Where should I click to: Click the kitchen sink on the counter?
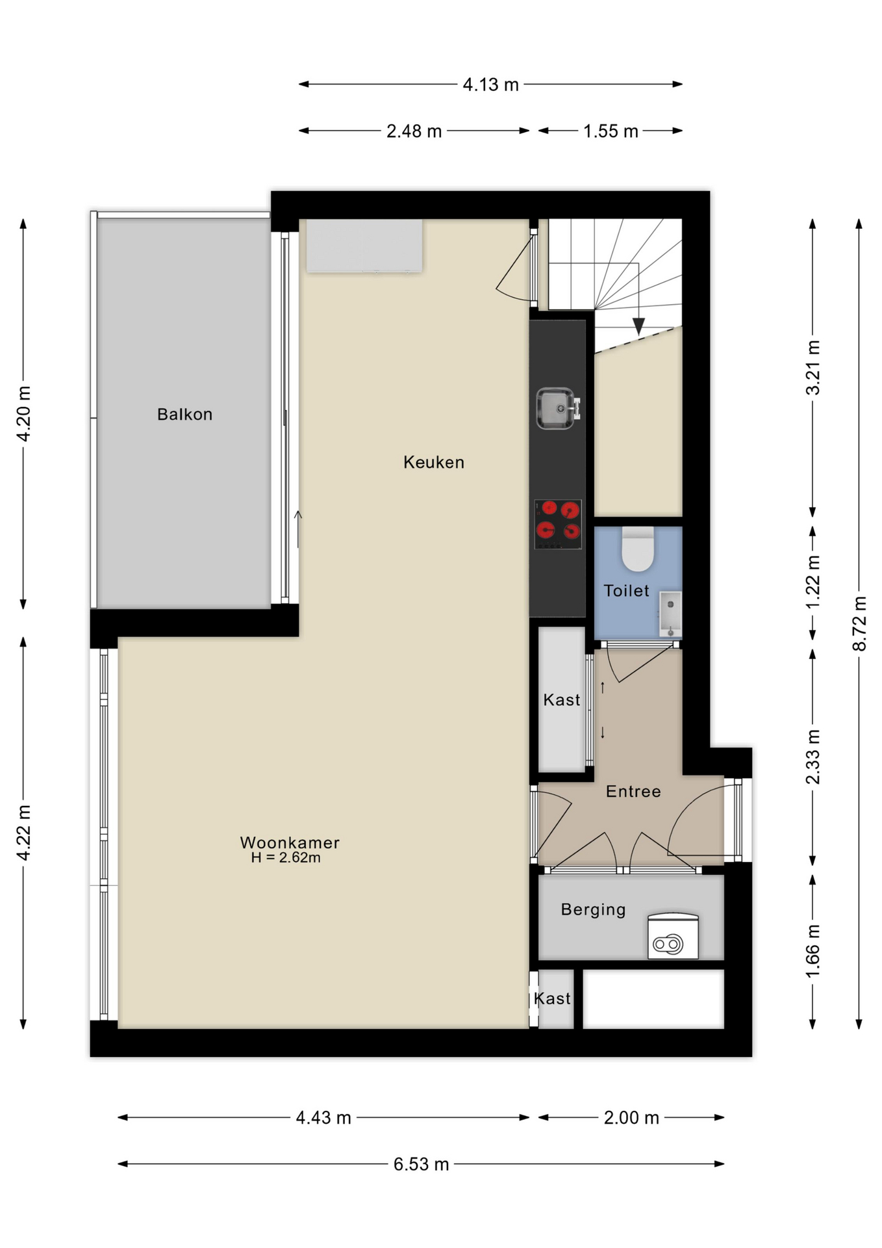point(557,409)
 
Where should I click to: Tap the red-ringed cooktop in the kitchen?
point(558,524)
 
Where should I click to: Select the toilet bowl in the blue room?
point(638,549)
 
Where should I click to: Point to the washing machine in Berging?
point(673,937)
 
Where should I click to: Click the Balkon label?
point(184,415)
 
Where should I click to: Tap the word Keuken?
point(433,463)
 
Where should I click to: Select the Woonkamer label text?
point(290,842)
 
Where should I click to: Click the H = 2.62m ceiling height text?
point(286,858)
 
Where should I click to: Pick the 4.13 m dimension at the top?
point(490,85)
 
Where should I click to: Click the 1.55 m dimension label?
point(611,131)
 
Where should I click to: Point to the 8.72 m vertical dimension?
point(859,623)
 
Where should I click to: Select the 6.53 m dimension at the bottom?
point(421,1164)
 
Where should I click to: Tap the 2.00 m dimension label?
point(631,1118)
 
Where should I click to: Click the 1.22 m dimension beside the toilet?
point(813,582)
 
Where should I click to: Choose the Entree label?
point(633,792)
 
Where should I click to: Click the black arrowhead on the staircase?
point(638,326)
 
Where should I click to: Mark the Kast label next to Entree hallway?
point(561,700)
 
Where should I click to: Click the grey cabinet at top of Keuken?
point(364,245)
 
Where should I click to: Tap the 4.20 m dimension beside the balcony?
point(23,414)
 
